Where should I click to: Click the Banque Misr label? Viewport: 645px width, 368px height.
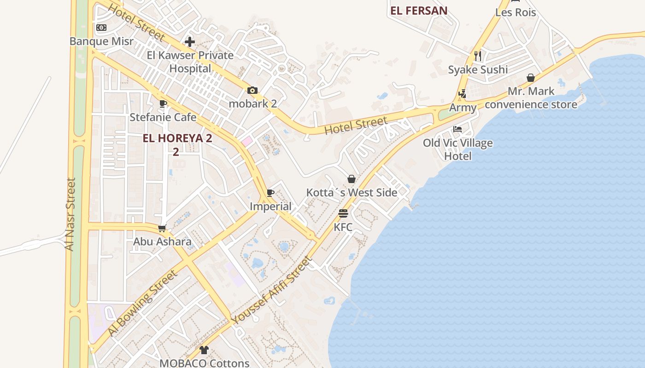(x=101, y=41)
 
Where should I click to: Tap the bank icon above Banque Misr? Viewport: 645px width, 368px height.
(x=101, y=28)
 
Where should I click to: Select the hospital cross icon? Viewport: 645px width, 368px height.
(x=189, y=42)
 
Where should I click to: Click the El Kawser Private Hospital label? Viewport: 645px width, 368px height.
(x=190, y=62)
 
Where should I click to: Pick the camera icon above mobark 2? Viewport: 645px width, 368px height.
(x=252, y=90)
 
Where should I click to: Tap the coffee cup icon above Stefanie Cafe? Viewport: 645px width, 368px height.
(x=163, y=103)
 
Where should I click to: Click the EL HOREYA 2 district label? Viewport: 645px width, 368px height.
(x=177, y=138)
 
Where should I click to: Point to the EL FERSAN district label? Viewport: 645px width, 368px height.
(x=419, y=11)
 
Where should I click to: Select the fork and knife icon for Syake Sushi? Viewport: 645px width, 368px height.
(x=478, y=56)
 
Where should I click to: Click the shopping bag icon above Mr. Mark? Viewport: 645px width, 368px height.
(x=531, y=78)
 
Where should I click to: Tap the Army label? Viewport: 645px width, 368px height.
(x=463, y=108)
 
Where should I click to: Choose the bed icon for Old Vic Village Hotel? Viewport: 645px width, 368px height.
(x=457, y=129)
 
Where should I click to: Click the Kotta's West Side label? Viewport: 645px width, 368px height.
(x=352, y=192)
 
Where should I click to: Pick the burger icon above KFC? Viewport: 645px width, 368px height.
(x=343, y=213)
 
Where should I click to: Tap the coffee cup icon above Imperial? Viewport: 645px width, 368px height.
(x=270, y=193)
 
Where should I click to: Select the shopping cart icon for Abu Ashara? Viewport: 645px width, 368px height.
(x=162, y=228)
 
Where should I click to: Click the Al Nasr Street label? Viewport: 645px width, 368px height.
(x=70, y=214)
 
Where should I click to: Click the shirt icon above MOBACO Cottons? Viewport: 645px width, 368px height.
(x=204, y=350)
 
